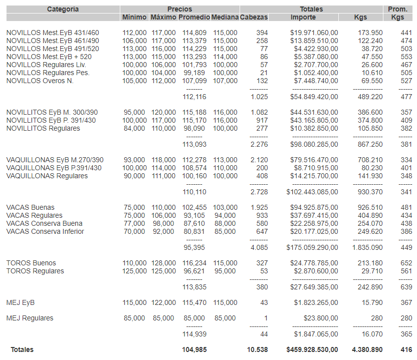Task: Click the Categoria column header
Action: (x=63, y=9)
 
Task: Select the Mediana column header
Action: (x=225, y=17)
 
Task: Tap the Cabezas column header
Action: (x=254, y=17)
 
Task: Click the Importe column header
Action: (x=303, y=17)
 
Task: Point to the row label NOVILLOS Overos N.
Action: (x=40, y=81)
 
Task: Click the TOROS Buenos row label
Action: (x=31, y=263)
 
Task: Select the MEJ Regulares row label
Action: (x=30, y=318)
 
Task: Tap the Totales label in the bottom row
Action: (x=23, y=349)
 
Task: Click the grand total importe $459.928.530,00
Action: (x=312, y=349)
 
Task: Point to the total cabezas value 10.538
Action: (x=258, y=349)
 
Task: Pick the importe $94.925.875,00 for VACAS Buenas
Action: (x=314, y=207)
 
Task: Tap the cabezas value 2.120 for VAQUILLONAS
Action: (x=259, y=160)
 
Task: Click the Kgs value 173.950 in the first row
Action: (x=370, y=33)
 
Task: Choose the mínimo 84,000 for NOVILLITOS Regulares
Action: (x=134, y=128)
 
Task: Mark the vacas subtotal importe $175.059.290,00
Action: (x=312, y=247)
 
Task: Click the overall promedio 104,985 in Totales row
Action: (x=193, y=349)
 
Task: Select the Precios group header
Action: (x=180, y=9)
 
